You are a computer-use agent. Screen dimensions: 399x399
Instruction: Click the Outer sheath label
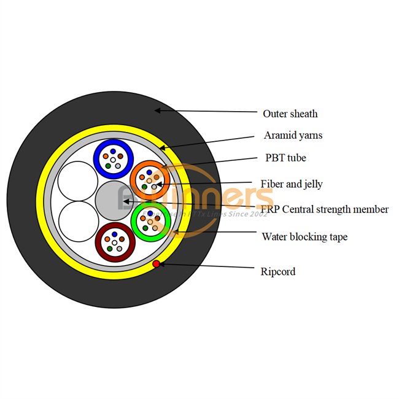point(290,114)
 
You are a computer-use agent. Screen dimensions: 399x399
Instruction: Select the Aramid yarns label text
point(293,135)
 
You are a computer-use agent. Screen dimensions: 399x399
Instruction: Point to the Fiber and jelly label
point(292,184)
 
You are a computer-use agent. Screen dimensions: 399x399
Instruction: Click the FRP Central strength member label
point(324,209)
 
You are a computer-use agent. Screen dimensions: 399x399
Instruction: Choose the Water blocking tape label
point(304,236)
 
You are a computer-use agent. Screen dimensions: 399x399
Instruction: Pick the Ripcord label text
point(278,271)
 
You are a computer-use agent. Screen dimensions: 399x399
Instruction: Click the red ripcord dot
point(157,264)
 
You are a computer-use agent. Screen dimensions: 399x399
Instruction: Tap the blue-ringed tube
point(114,157)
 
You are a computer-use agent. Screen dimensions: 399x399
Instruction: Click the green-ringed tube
point(150,222)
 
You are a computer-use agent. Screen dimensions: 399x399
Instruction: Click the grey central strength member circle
point(114,200)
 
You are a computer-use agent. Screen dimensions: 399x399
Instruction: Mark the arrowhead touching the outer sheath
point(158,110)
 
